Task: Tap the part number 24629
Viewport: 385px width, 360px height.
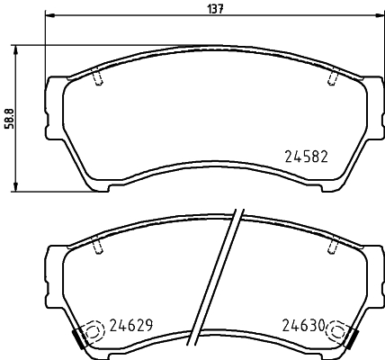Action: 133,325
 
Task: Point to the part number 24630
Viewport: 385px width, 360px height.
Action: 301,325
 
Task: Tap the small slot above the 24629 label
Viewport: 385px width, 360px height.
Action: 96,246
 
